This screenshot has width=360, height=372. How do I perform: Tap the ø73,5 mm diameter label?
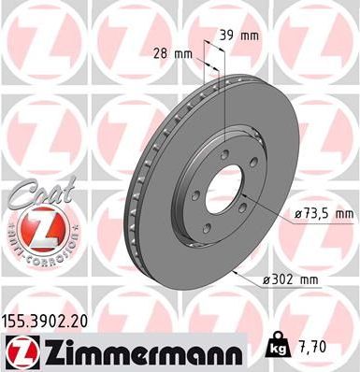[x=324, y=214]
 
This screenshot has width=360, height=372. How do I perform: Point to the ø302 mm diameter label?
[x=294, y=278]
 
